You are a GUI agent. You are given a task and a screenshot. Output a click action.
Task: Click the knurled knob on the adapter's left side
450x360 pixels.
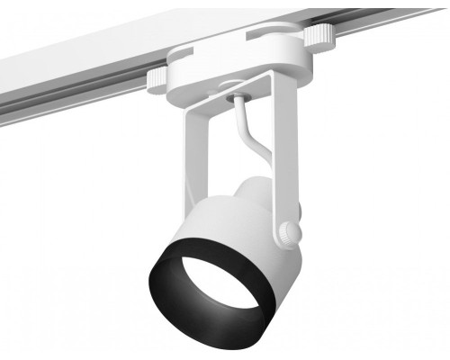coord(157,79)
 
